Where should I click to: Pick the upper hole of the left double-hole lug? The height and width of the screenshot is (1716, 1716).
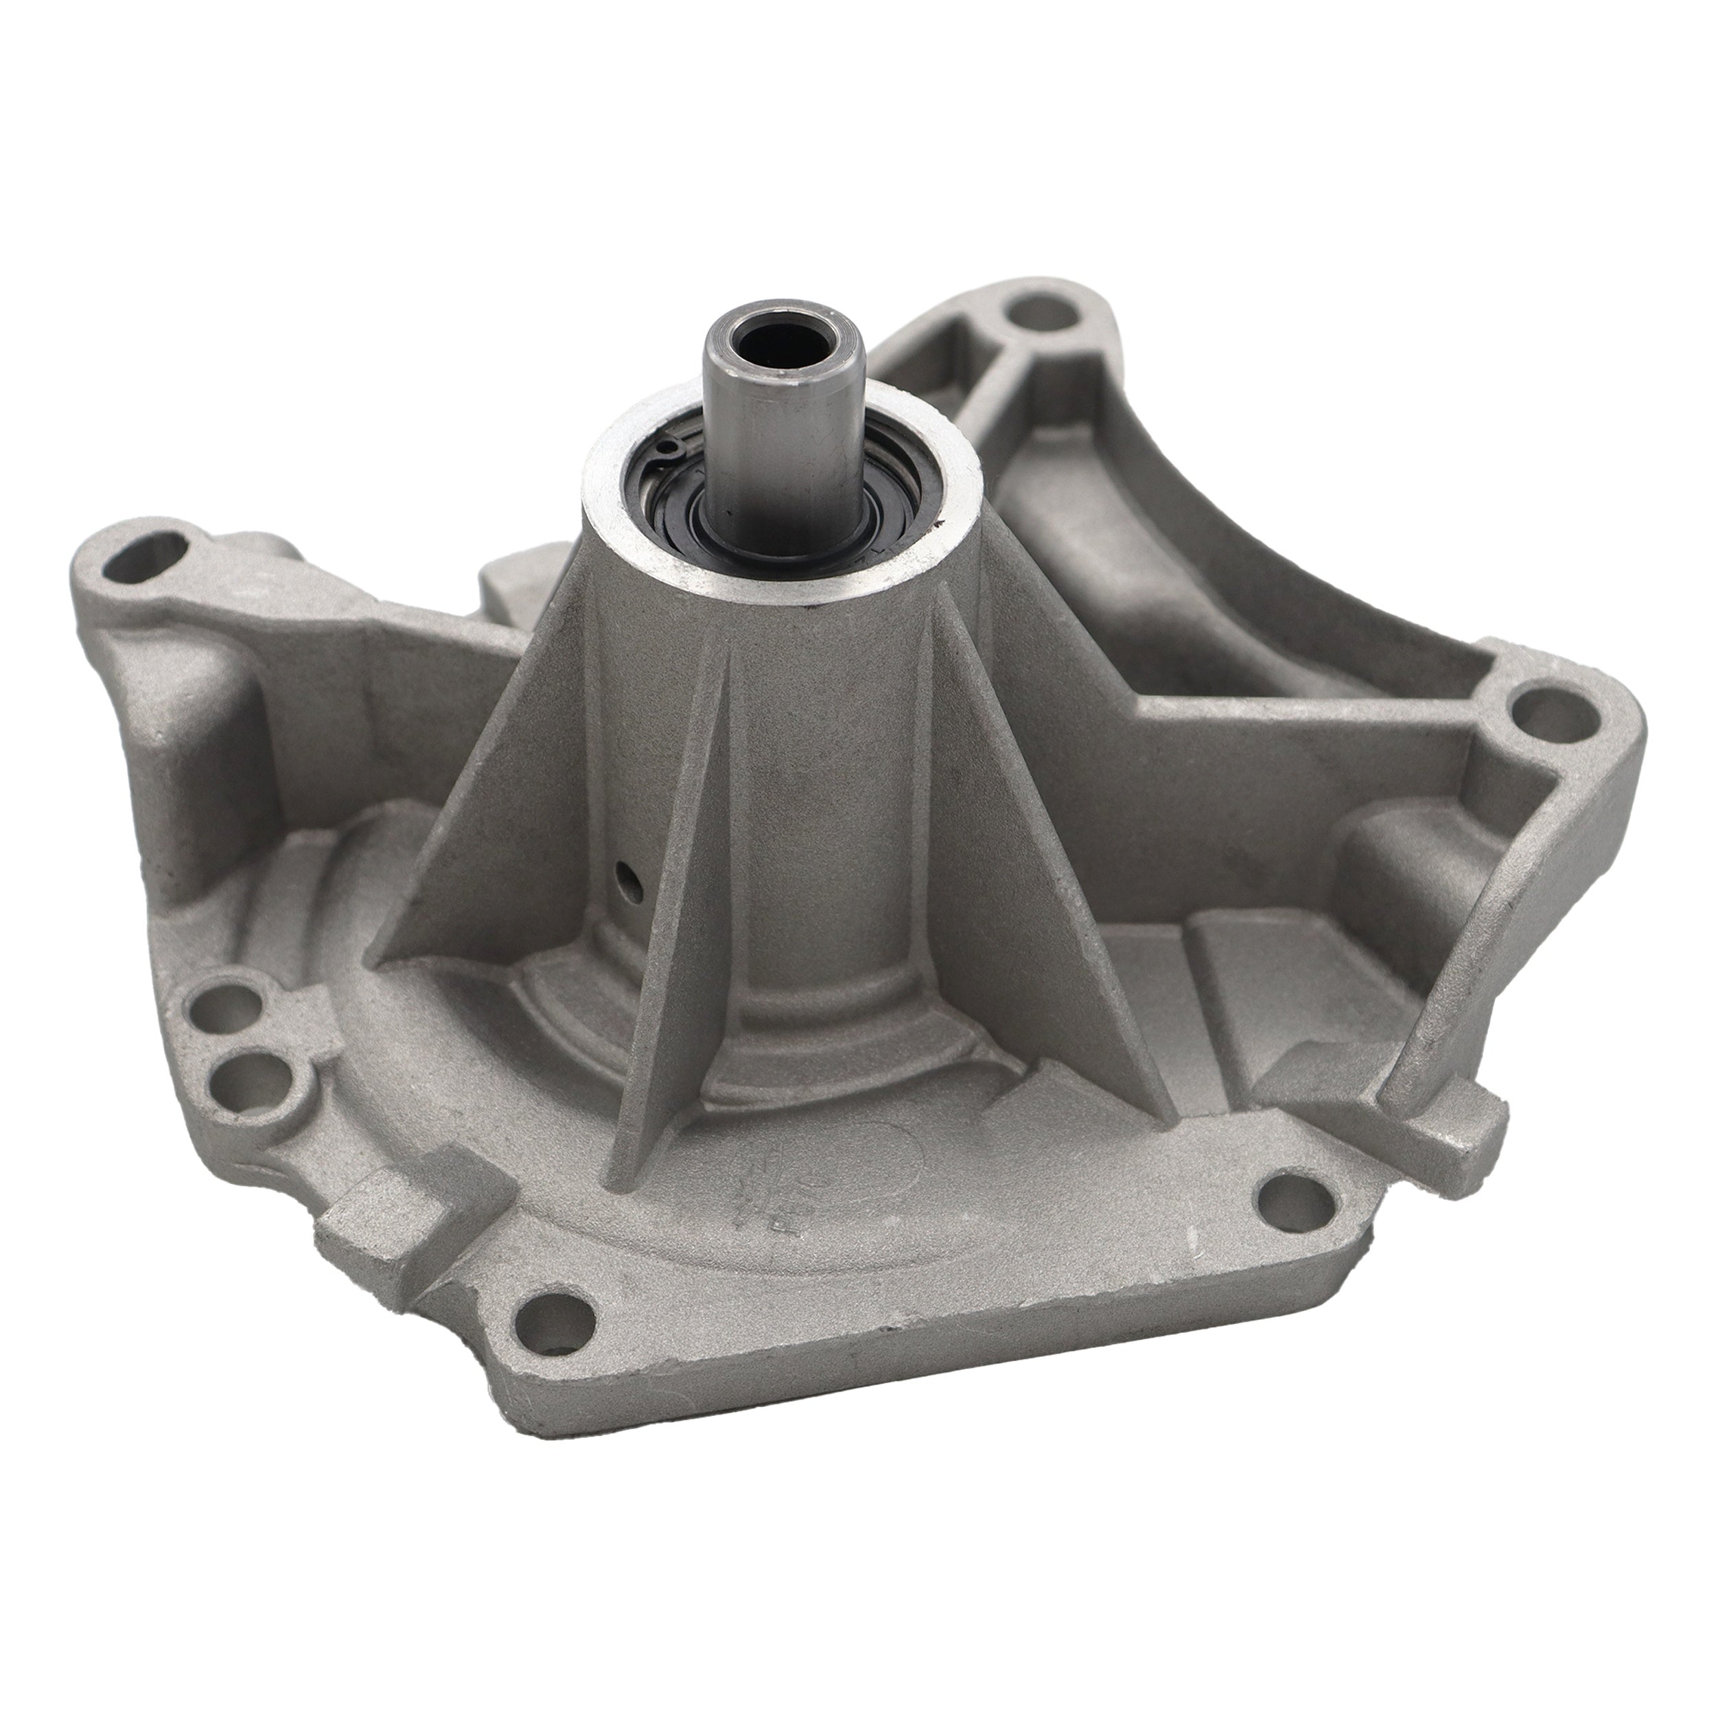233,1004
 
